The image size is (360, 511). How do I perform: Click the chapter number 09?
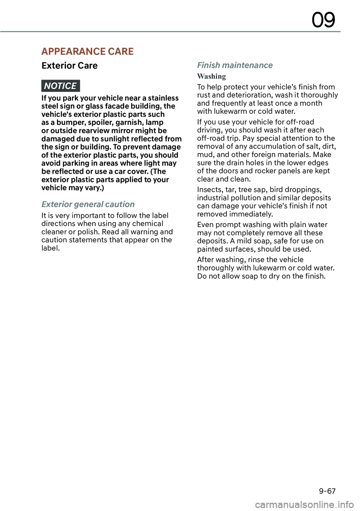click(323, 20)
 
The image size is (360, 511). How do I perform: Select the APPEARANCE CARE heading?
click(87, 51)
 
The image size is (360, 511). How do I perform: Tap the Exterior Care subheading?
click(69, 66)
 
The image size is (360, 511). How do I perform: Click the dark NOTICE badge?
click(60, 86)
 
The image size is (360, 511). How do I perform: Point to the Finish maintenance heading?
click(235, 65)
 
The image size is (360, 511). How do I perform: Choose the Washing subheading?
click(211, 77)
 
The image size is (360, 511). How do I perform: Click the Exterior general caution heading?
click(88, 204)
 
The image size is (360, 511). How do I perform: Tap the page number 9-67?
click(327, 491)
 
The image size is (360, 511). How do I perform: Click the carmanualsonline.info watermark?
click(304, 505)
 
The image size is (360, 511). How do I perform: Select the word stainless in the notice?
click(163, 98)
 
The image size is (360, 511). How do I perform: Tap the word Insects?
click(210, 190)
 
